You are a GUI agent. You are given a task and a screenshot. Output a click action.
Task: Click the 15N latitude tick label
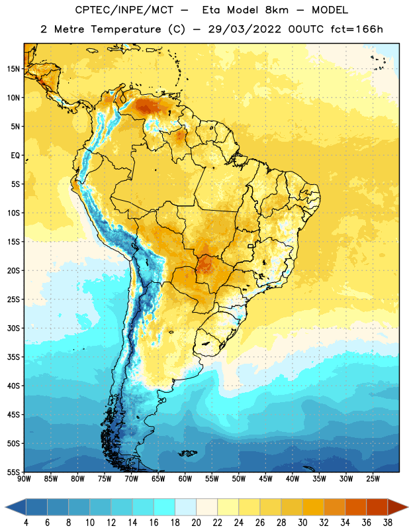coord(13,69)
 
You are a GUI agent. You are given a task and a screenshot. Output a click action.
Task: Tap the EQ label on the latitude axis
coord(15,156)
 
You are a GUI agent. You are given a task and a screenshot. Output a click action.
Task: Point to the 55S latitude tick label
coord(13,472)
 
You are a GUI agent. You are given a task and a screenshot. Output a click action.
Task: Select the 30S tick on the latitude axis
coord(13,328)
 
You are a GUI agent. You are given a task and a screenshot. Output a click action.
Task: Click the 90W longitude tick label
coord(24,478)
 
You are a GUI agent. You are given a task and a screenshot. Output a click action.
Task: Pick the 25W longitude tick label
coord(373,478)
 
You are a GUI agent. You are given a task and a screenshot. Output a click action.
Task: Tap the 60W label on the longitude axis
coord(185,478)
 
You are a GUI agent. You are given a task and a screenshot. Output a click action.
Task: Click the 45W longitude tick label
coord(265,478)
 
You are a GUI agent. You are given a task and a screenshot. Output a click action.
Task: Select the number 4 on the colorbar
coord(26,523)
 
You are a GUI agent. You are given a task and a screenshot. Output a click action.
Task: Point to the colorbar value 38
coord(388,523)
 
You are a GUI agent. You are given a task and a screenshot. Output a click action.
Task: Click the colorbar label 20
coord(196,523)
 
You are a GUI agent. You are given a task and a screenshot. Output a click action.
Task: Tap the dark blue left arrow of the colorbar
coord(15,507)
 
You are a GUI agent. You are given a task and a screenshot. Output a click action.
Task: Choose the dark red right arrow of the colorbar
coord(398,507)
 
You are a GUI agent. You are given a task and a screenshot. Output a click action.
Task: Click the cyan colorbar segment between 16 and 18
coord(165,507)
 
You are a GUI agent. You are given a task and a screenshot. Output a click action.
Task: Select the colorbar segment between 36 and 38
coord(377,507)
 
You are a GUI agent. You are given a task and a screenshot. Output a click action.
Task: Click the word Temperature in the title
coord(126,29)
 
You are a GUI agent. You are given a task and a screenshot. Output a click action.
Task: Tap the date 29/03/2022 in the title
coord(244,29)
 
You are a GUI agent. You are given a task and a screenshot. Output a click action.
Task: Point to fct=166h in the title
coord(357,29)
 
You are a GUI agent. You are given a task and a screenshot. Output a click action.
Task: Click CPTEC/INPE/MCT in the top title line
coord(124,10)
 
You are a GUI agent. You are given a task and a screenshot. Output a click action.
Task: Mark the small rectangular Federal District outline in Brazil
coord(251,246)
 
